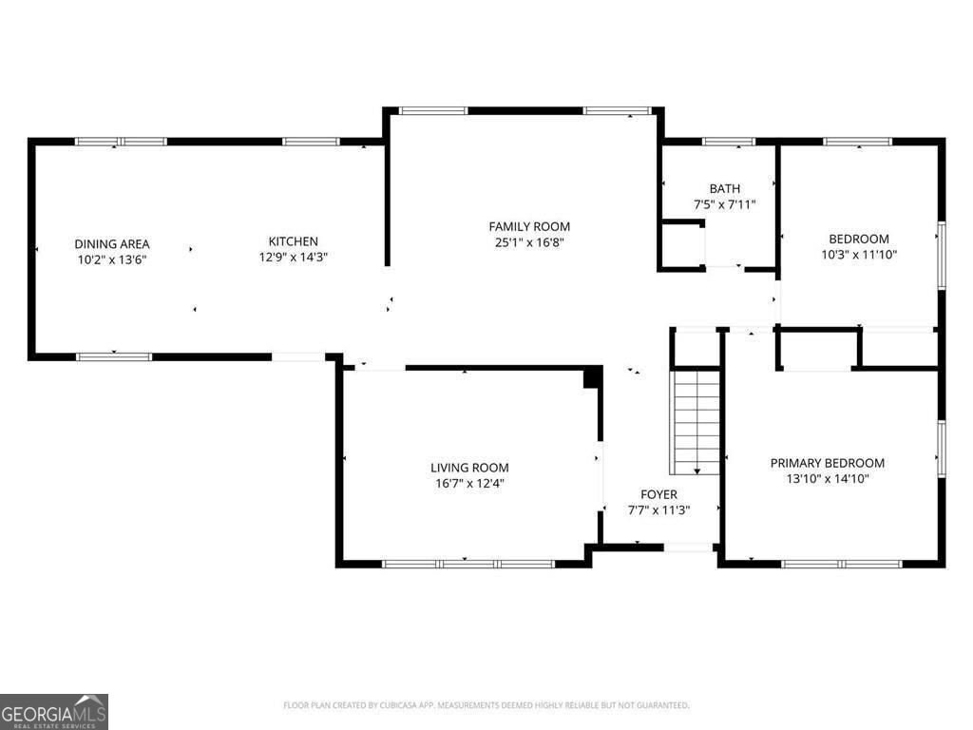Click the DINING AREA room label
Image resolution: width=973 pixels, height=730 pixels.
112,244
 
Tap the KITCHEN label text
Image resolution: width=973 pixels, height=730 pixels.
293,241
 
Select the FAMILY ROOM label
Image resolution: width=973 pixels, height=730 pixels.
529,226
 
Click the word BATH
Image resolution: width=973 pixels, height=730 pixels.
724,189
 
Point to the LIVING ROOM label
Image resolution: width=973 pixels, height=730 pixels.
469,468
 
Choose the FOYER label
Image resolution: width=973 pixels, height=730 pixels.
658,494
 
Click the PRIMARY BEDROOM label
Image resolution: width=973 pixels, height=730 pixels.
827,463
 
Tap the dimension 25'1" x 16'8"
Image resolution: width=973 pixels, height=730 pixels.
529,241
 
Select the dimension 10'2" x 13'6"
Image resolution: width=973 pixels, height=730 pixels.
112,259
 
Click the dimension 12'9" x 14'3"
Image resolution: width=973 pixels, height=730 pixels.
293,257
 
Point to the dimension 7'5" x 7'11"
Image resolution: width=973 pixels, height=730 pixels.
724,204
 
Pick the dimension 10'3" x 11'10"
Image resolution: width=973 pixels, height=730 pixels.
859,254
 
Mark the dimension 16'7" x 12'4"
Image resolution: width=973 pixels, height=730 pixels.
469,483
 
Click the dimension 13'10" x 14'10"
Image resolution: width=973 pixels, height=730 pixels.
827,478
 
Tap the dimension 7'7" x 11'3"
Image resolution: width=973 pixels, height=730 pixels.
658,509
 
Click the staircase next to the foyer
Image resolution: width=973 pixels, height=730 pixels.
696,422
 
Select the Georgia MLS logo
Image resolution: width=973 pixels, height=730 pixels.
54,711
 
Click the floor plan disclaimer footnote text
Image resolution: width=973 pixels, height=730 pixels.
486,705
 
